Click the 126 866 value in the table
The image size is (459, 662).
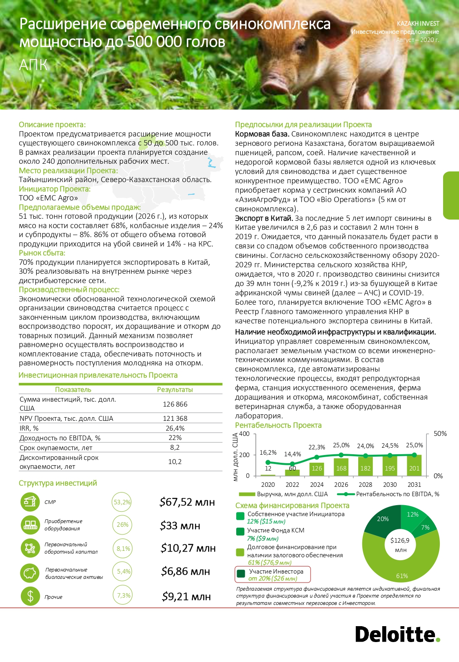pyautogui.click(x=175, y=404)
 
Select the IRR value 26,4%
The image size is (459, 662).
pyautogui.click(x=175, y=428)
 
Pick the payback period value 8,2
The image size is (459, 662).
pyautogui.click(x=175, y=447)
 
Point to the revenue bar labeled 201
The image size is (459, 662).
pyautogui.click(x=414, y=466)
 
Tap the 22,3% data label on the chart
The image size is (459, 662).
pyautogui.click(x=317, y=447)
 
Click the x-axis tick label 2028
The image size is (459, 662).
pyautogui.click(x=365, y=485)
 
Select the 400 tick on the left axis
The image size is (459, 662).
pyautogui.click(x=244, y=434)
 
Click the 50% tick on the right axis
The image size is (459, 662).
pyautogui.click(x=440, y=434)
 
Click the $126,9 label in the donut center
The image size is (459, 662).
pyautogui.click(x=400, y=541)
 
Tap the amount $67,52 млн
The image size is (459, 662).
pyautogui.click(x=187, y=502)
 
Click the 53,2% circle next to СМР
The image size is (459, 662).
pyautogui.click(x=122, y=502)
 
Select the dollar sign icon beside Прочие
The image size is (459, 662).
pyautogui.click(x=30, y=596)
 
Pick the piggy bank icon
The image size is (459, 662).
pyautogui.click(x=30, y=573)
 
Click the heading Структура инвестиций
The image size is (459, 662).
pyautogui.click(x=58, y=483)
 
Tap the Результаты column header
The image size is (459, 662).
pyautogui.click(x=175, y=390)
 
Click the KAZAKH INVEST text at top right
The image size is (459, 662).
pyautogui.click(x=418, y=24)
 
